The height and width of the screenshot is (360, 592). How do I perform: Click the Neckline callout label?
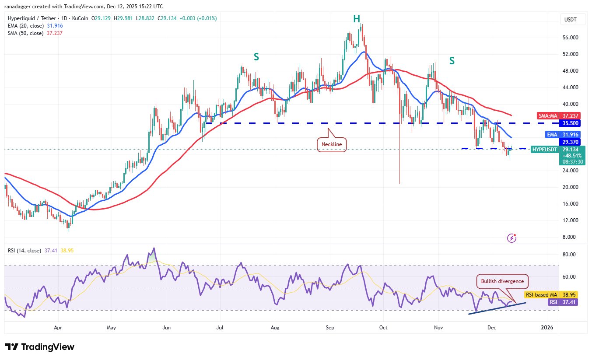tap(331, 144)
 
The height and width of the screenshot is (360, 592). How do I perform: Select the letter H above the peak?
tap(357, 18)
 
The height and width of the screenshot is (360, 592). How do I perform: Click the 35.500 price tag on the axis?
tap(571, 123)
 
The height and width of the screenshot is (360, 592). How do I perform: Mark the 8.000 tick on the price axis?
tap(571, 237)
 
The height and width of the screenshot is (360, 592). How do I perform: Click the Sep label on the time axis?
tap(330, 327)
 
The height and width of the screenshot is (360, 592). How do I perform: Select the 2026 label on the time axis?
tap(547, 327)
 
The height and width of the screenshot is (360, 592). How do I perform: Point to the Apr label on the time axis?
tap(57, 327)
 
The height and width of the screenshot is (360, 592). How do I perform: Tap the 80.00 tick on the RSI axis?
tap(570, 255)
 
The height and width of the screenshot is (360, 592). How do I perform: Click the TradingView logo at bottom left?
tap(40, 347)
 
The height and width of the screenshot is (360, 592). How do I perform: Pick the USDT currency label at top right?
tap(571, 19)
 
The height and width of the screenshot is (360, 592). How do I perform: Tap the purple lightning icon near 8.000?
tap(512, 238)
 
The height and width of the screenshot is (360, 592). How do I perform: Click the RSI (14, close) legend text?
tap(25, 251)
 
